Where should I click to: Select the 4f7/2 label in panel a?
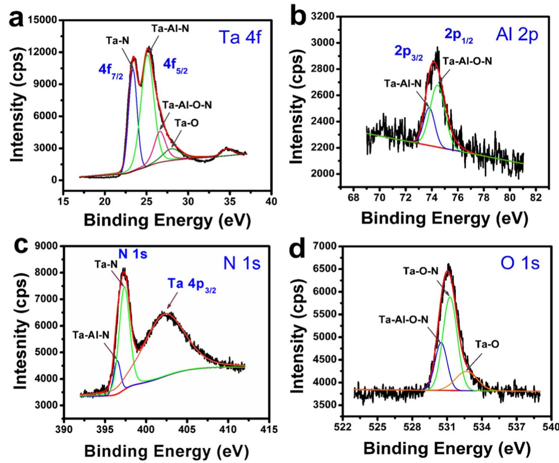[110, 73]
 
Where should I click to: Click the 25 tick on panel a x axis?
[146, 201]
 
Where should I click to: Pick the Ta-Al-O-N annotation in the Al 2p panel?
[467, 61]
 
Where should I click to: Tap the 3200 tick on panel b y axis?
[323, 17]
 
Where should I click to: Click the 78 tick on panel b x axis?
[484, 197]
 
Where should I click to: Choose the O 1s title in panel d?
[520, 263]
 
